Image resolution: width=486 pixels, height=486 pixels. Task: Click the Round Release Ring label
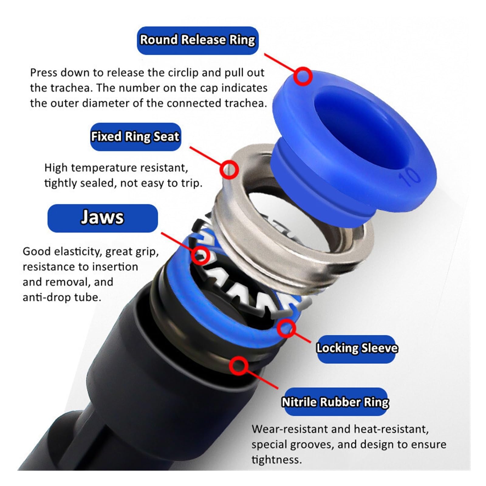pyautogui.click(x=198, y=40)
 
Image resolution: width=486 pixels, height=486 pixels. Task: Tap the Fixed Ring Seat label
pyautogui.click(x=135, y=137)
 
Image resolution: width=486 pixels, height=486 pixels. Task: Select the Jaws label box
pyautogui.click(x=103, y=218)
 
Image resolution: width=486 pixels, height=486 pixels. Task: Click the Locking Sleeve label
pyautogui.click(x=357, y=349)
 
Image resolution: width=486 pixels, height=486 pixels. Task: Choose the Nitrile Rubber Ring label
pyautogui.click(x=335, y=402)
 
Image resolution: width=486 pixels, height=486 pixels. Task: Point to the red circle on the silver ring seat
pyautogui.click(x=229, y=169)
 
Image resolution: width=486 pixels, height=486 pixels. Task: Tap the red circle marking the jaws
pyautogui.click(x=200, y=255)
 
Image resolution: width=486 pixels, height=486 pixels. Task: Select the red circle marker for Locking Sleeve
pyautogui.click(x=286, y=328)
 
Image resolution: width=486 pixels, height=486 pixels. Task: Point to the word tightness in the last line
pyautogui.click(x=277, y=460)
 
